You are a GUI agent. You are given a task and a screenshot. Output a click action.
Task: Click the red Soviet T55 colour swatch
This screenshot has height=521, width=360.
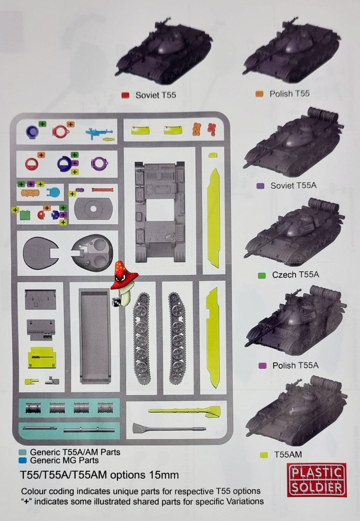pos(125,96)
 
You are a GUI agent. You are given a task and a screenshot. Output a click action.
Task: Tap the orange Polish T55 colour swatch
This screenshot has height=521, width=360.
pos(259,94)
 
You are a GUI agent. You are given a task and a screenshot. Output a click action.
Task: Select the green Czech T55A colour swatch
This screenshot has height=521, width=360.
pos(262,275)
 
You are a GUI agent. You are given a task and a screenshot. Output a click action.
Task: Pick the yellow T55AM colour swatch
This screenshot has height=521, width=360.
pos(264,455)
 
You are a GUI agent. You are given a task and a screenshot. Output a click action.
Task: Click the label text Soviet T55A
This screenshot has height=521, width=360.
pos(294,185)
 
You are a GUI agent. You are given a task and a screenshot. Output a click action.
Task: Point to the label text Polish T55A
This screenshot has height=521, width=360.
pos(295,365)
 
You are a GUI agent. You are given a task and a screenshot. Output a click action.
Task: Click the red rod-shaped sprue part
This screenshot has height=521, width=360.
pos(103,190)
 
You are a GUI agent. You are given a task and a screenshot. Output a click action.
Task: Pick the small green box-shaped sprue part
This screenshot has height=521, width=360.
pos(25,215)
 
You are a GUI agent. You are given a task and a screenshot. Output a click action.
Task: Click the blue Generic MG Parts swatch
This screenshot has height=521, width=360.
pos(22,460)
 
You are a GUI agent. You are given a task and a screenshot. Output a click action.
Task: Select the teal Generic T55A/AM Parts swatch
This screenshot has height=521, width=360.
pos(22,452)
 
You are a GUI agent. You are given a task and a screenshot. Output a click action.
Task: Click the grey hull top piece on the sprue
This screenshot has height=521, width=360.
pos(160,212)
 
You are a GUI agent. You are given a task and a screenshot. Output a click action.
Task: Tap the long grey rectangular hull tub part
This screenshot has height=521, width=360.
pos(95,336)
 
